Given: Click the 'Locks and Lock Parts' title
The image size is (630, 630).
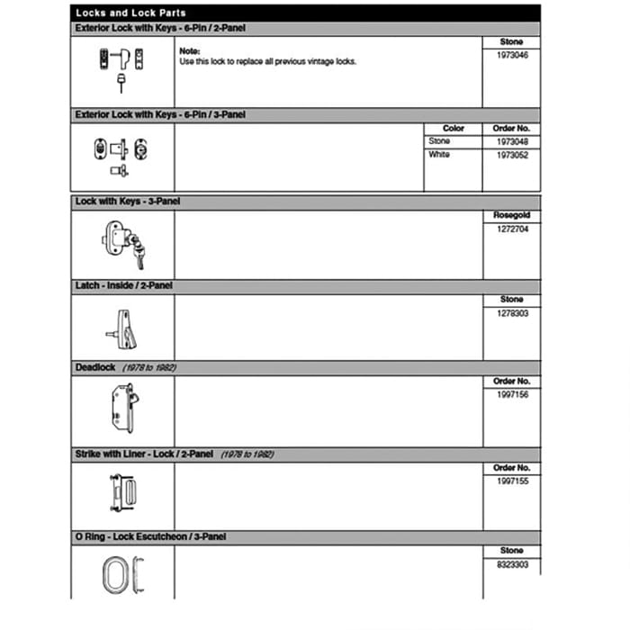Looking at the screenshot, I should coord(130,13).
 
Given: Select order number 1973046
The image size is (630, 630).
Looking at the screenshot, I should coord(511,55).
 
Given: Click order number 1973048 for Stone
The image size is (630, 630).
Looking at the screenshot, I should coord(511,142).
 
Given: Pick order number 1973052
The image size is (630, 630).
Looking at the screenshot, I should coord(511,155).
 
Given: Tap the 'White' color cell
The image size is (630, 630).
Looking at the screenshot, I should coord(439,155).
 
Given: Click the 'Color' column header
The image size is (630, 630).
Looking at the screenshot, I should coord(454,129).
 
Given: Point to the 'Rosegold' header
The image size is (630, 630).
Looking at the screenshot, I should coord(511,216).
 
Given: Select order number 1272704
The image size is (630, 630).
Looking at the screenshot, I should coord(511,229).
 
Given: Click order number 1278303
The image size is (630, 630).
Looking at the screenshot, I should coord(511,312).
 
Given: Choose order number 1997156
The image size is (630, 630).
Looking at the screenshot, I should coord(511,394).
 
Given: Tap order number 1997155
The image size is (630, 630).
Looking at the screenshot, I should coord(511,481).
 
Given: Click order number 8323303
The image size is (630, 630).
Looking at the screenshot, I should coord(511,563).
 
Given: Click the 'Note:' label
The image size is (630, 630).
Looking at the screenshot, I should coord(190,51).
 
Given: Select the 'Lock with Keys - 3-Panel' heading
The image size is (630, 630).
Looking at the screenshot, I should coord(128,202).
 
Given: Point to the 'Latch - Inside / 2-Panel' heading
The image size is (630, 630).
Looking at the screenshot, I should coord(124,285).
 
